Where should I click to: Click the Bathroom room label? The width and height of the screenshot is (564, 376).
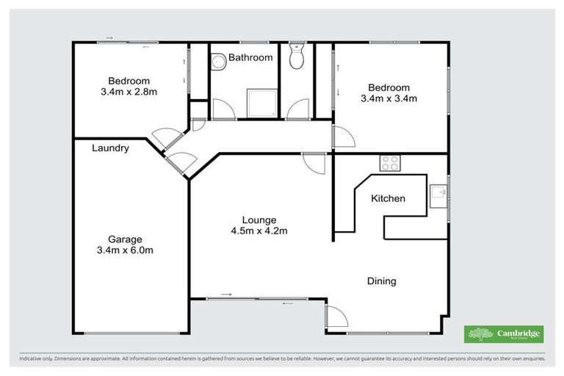(x=250, y=57)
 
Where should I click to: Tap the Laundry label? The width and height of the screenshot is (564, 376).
(x=111, y=148)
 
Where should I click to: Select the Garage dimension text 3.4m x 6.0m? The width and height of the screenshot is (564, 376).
(x=129, y=250)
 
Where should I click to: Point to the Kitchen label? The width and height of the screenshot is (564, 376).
(x=388, y=198)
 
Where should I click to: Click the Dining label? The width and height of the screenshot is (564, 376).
(x=381, y=281)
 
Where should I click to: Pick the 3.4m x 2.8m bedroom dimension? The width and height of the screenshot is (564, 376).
(x=129, y=93)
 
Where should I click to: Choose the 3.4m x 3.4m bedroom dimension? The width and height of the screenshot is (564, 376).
(x=388, y=98)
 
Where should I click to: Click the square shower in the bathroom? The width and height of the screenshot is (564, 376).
(x=261, y=104)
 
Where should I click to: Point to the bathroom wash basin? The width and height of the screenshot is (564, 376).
(x=217, y=65)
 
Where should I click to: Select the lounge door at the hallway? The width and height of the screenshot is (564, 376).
(x=313, y=163)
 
